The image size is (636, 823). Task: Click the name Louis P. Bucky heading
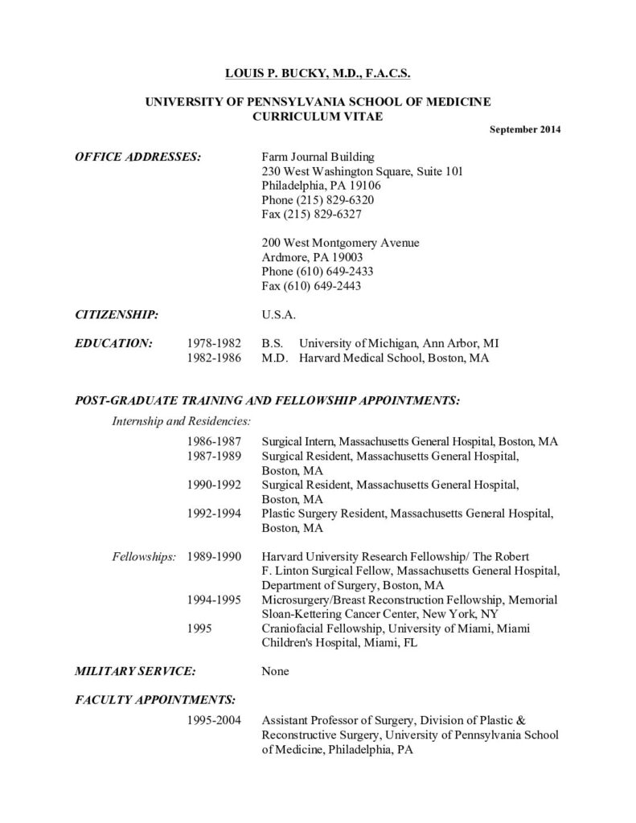(x=317, y=73)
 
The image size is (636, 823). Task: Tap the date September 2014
(x=525, y=129)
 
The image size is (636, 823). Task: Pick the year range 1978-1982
(x=215, y=342)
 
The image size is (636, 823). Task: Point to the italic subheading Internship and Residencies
(x=181, y=420)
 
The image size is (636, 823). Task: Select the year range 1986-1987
(x=215, y=442)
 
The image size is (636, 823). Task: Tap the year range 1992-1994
(x=215, y=514)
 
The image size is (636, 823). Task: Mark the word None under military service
(x=276, y=670)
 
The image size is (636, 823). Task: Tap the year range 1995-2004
(x=215, y=720)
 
